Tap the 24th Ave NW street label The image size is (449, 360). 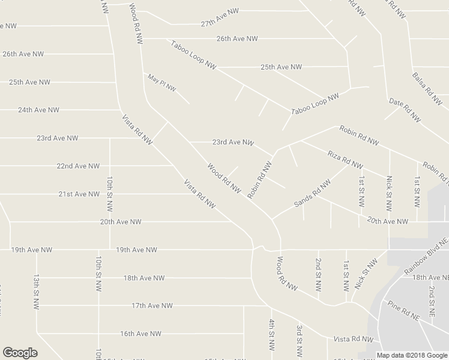(38, 110)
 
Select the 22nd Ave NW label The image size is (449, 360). (77, 166)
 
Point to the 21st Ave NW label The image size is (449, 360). (79, 194)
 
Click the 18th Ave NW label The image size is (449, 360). (144, 278)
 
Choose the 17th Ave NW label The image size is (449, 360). (152, 305)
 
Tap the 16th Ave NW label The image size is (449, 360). (140, 334)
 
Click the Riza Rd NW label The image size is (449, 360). (345, 159)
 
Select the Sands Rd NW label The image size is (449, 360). (312, 194)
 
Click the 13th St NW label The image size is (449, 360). (37, 289)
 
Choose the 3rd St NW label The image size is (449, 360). (299, 339)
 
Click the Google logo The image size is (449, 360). (20, 353)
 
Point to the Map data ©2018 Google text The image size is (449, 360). (412, 355)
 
